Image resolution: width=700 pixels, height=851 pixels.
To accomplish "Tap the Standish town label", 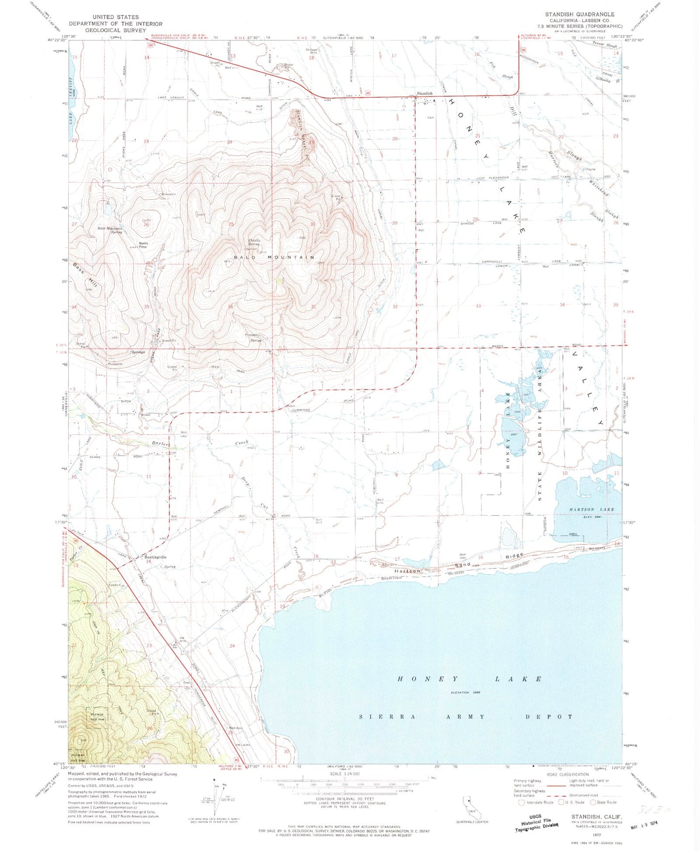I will (425, 94).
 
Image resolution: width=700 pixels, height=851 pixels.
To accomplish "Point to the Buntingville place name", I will (154, 557).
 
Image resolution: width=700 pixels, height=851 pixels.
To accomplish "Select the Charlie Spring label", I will (254, 242).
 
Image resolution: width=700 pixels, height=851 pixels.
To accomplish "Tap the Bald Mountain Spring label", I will (110, 230).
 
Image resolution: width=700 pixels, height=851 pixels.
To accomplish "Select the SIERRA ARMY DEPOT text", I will (466, 716).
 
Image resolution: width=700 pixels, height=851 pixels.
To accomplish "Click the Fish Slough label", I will (500, 70).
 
